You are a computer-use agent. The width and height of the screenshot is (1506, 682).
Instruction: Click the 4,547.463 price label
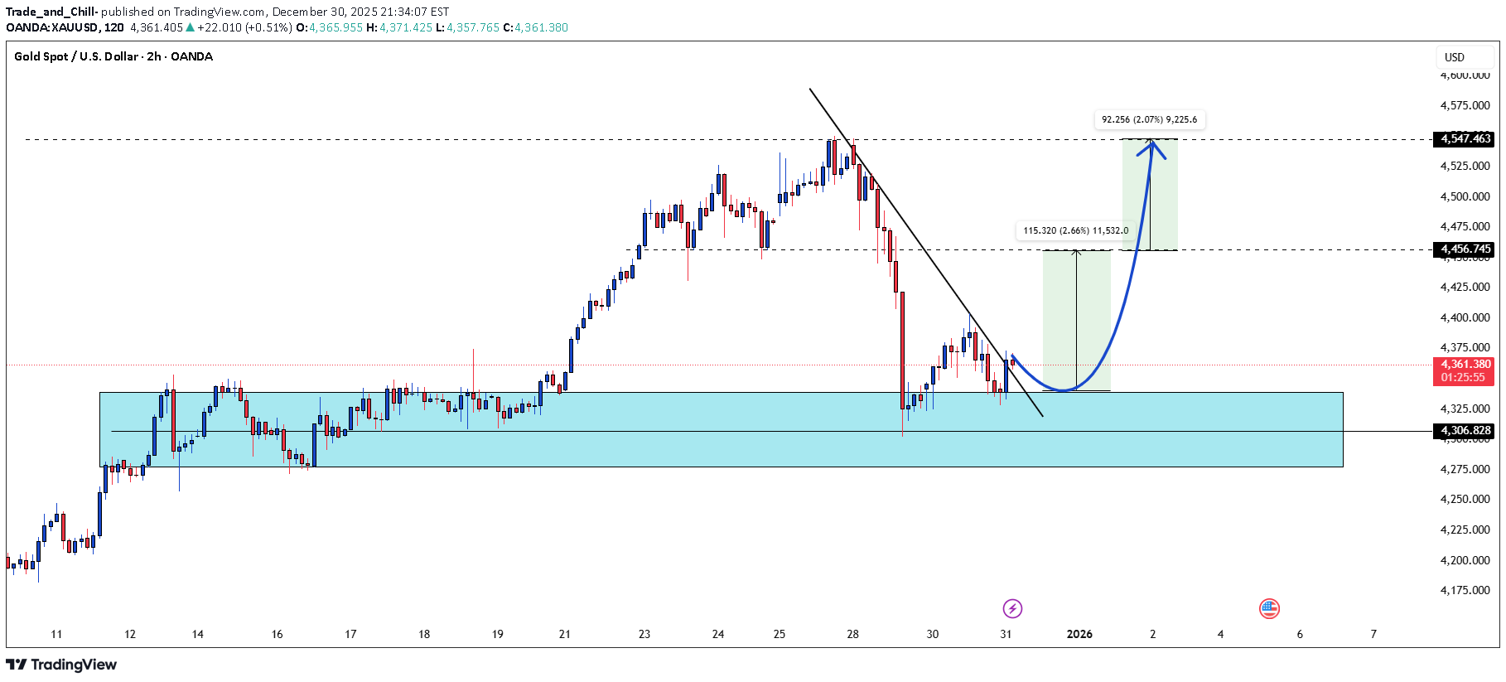[x=1465, y=139]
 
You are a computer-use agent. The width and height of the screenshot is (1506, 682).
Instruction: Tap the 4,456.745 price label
[x=1465, y=249]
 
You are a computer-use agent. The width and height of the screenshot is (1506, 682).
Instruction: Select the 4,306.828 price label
[x=1465, y=431]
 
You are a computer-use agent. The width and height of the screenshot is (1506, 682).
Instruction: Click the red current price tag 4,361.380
[x=1465, y=365]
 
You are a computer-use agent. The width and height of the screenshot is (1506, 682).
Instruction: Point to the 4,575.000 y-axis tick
[x=1465, y=106]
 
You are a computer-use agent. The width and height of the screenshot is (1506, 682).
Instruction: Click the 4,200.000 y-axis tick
[x=1465, y=560]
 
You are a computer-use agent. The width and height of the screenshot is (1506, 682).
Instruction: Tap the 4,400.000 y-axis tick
[x=1465, y=318]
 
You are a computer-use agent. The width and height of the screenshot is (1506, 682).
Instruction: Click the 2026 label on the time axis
[x=1079, y=635]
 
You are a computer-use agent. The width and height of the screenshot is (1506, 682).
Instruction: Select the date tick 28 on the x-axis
[x=852, y=635]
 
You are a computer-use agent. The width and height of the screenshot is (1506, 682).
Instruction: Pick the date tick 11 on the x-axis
[x=56, y=635]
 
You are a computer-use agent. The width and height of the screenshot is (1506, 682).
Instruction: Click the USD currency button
[x=1455, y=57]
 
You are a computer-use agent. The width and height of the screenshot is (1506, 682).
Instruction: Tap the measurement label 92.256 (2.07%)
[x=1149, y=120]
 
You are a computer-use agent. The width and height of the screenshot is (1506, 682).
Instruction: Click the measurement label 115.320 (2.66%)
[x=1075, y=231]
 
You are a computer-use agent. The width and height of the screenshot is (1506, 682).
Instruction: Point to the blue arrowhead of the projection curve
[x=1152, y=147]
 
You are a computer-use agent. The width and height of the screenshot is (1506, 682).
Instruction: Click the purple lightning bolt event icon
[x=1012, y=609]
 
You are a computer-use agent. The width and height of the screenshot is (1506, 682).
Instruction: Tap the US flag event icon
[x=1269, y=609]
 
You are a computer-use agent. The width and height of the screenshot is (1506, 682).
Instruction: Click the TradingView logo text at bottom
[x=62, y=665]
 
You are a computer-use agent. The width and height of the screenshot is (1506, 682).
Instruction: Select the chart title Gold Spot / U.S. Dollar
[x=113, y=57]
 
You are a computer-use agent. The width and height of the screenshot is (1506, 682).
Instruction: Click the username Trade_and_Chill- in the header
[x=51, y=12]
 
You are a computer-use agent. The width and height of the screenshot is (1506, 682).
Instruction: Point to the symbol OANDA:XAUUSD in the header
[x=53, y=27]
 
